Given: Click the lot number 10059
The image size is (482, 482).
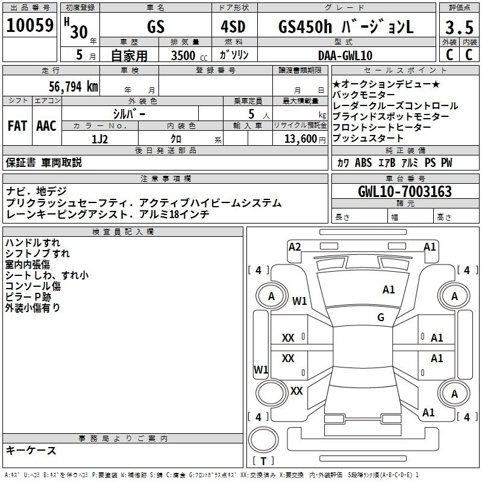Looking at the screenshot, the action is click(30, 25).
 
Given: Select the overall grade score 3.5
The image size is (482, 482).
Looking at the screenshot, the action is click(459, 27).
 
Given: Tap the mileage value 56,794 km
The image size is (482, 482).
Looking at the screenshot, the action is click(74, 87).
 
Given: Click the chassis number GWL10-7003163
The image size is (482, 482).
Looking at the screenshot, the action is click(405, 191).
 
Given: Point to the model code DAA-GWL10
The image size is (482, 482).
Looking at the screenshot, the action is click(345, 55).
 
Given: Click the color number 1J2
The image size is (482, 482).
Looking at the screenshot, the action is click(99, 139).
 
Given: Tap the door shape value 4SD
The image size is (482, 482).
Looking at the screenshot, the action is click(233, 27).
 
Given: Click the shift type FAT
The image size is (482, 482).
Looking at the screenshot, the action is click(17, 126).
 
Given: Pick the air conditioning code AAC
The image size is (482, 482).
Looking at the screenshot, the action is click(46, 126).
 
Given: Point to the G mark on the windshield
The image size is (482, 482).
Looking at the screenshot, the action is click(381, 317).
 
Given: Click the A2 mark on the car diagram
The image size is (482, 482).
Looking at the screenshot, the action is click(295, 247).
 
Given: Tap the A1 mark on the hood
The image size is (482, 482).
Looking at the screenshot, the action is click(389, 290).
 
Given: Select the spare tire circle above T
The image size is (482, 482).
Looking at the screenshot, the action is click(263, 440).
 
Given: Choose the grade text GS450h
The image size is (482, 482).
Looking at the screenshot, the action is click(305, 27).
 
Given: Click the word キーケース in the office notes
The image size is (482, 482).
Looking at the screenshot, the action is click(31, 450).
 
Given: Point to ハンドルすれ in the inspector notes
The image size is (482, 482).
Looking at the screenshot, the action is click(33, 243).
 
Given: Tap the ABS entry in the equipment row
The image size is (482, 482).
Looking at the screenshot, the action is click(363, 163).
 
